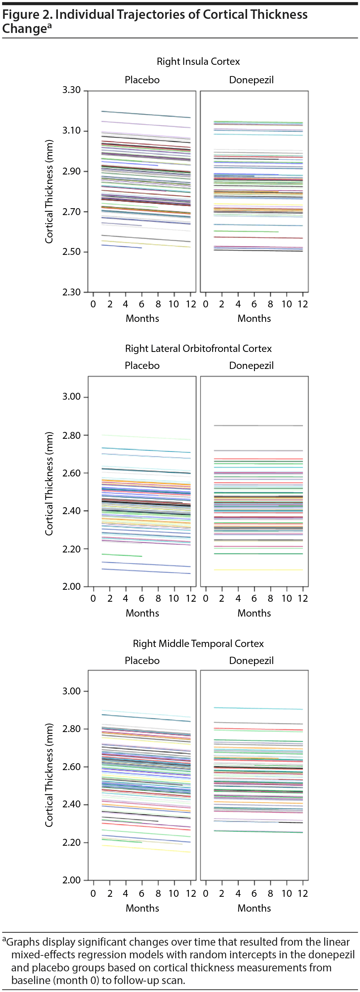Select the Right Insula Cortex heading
tap(198, 62)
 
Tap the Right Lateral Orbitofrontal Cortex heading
tap(198, 349)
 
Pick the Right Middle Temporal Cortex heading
tap(198, 643)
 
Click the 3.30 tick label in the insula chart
tap(72, 90)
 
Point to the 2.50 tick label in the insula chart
tap(72, 252)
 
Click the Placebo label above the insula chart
tap(142, 80)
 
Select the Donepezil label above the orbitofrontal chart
tap(251, 365)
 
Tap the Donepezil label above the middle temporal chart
tap(251, 660)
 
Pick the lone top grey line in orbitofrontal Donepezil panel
tap(258, 425)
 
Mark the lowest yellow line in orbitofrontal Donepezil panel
tap(258, 569)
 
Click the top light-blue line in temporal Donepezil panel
tap(258, 708)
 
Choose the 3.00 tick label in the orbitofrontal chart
tap(72, 397)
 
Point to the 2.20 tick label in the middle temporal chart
tap(72, 842)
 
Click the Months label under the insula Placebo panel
tap(142, 319)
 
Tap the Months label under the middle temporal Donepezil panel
tap(254, 908)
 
